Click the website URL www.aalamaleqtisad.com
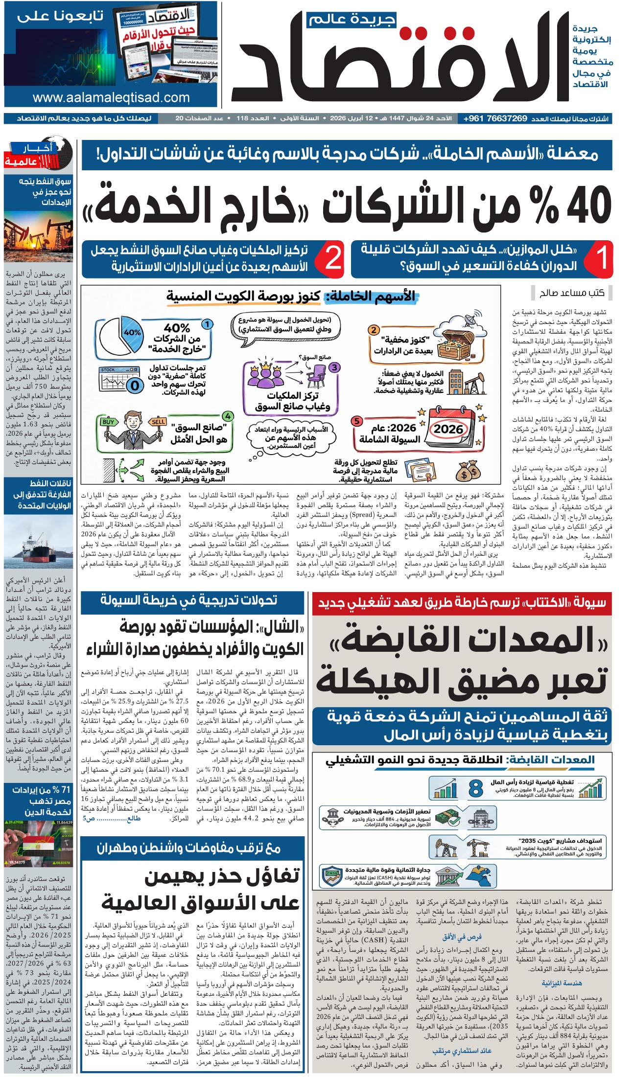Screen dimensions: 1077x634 pos(111,97)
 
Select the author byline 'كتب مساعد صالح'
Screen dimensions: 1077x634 pos(572,293)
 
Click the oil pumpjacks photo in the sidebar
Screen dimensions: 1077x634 pos(38,237)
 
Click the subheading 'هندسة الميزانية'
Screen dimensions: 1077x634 pos(562,983)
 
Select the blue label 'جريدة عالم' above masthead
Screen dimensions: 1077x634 pos(352,19)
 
